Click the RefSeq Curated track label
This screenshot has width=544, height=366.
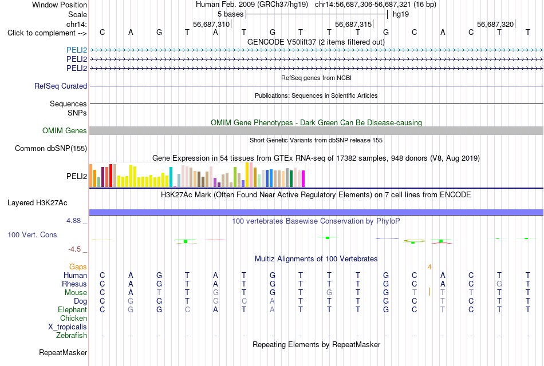60,86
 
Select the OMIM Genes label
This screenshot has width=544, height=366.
64,130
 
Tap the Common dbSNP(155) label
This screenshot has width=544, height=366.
50,148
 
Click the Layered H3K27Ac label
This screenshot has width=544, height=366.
37,203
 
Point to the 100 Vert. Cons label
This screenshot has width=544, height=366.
32,234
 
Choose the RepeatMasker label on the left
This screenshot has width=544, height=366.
63,352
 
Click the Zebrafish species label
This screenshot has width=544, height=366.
72,336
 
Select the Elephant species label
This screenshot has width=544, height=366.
72,309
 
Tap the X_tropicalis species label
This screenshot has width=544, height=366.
68,327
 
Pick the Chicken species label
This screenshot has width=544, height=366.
73,318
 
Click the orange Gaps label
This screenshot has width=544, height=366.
78,267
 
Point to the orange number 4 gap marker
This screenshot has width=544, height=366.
429,267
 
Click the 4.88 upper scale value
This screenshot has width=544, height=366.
73,221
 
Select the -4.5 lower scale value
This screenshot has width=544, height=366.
74,249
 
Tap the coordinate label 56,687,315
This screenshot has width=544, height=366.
353,24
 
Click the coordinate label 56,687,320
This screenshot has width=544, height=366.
495,24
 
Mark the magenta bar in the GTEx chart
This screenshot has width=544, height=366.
303,179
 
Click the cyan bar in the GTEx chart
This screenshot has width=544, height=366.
171,177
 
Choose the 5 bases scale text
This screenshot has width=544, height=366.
230,14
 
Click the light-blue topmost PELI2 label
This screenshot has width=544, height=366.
77,50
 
